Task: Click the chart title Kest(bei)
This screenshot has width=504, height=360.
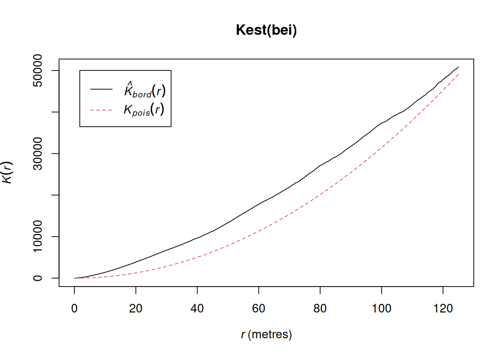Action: click(266, 30)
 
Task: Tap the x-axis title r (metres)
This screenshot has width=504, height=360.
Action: click(266, 334)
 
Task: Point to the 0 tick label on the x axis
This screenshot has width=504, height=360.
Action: click(74, 309)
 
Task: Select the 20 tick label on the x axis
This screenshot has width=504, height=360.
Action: click(136, 309)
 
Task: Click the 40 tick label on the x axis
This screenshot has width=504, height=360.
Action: click(197, 309)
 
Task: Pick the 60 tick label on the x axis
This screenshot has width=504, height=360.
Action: click(259, 309)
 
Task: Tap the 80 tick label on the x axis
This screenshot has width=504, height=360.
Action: click(320, 309)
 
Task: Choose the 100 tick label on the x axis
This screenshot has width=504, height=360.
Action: click(381, 309)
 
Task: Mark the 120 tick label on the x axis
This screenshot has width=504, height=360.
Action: click(443, 309)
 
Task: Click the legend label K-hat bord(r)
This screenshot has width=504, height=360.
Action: click(145, 90)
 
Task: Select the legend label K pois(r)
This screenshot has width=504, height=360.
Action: click(144, 110)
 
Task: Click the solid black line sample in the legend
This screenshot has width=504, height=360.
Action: click(101, 89)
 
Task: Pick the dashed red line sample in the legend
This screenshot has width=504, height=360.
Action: click(101, 110)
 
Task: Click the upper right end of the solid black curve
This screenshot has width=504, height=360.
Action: click(458, 67)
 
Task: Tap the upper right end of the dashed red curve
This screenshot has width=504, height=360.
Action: click(458, 74)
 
